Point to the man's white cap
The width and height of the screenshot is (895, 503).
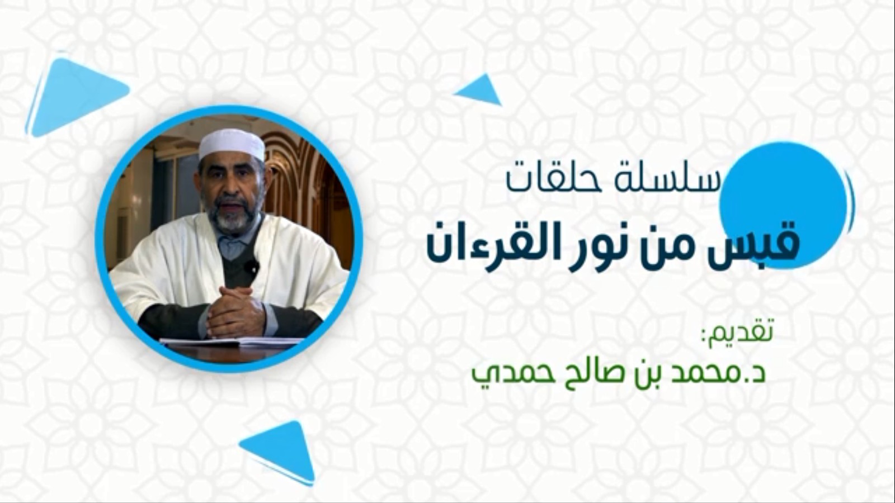click(232, 144)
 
